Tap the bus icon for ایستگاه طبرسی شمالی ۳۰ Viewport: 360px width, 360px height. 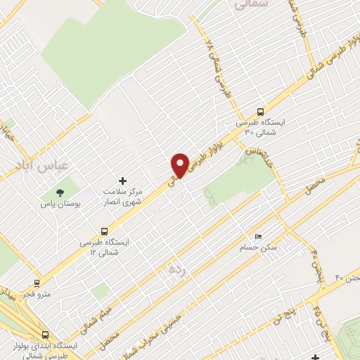tap(261, 111)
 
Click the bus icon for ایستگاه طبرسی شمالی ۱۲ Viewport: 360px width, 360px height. tap(105, 230)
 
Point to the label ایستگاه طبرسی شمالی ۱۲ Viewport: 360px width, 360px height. tap(105, 245)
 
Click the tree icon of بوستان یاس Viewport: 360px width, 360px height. tap(60, 193)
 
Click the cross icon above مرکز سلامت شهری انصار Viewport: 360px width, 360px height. tap(123, 181)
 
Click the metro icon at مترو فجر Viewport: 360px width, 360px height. tap(36, 283)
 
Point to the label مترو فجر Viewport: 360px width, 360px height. tap(37, 294)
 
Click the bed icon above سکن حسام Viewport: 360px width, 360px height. tap(258, 236)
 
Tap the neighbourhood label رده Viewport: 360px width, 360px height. tap(174, 269)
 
